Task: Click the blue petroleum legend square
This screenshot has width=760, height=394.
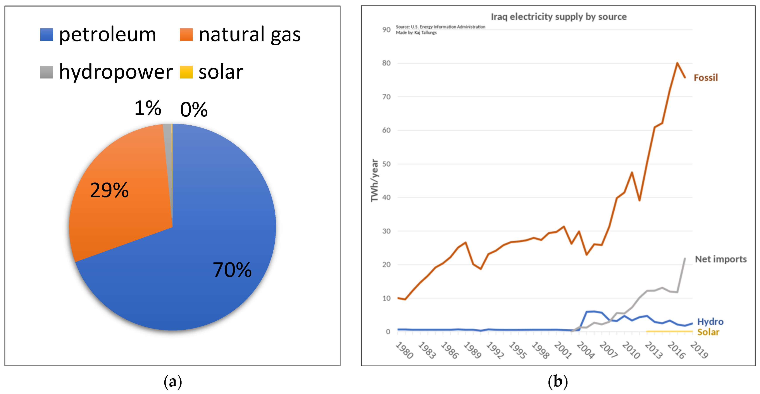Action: coord(47,35)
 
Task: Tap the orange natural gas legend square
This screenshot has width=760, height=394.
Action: coord(186,35)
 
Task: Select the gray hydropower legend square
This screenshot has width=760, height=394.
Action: coord(47,72)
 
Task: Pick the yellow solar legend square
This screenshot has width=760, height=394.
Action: coord(186,72)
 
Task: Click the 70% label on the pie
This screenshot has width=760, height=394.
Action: coord(232,270)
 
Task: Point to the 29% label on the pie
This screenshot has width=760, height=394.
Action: coord(109,190)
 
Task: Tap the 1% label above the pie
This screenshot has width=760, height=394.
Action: coord(148,108)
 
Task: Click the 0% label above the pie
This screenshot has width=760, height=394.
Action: coord(194,109)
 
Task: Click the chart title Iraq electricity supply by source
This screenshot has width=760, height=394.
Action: coord(558,17)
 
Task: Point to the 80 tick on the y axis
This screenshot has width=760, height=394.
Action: coord(386,63)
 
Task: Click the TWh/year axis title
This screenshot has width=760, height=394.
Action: coord(374,180)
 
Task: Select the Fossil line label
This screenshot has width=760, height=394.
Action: coord(705,78)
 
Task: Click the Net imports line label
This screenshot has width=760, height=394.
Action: coord(720,259)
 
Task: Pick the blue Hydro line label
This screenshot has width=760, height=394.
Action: coord(710,322)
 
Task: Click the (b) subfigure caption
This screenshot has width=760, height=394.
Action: coord(558,382)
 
